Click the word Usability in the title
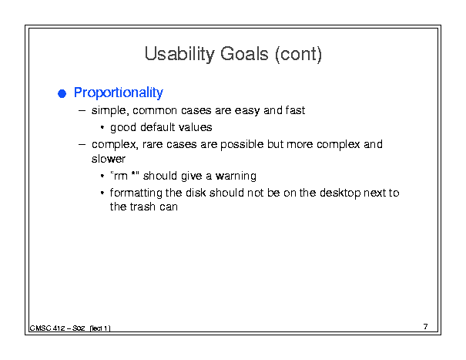pos(179,54)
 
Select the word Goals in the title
pos(244,54)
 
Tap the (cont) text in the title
pos(298,55)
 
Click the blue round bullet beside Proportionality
pos(62,93)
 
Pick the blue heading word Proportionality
pos(119,93)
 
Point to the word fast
pos(295,110)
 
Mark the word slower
pos(109,159)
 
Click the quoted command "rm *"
pos(125,176)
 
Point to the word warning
pos(236,176)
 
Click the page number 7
pos(426,327)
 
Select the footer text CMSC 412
pos(47,328)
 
